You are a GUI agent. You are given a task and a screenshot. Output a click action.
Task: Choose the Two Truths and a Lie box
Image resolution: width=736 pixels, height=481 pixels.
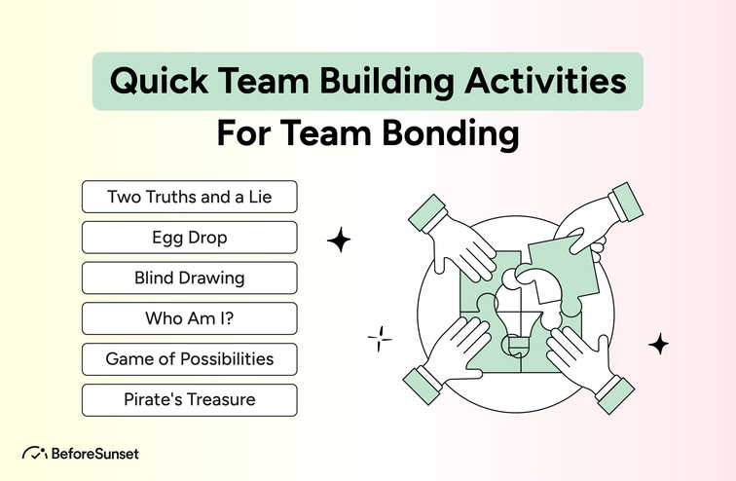(x=189, y=197)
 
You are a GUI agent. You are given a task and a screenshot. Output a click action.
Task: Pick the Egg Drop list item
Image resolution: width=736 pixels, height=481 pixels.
(x=189, y=238)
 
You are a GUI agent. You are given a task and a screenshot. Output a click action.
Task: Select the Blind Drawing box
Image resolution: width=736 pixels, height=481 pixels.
(x=189, y=277)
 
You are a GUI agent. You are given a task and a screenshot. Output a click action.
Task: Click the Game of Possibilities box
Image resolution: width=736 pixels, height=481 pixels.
(x=189, y=359)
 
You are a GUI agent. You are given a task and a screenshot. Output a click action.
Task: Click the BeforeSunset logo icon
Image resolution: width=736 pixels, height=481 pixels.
(x=34, y=453)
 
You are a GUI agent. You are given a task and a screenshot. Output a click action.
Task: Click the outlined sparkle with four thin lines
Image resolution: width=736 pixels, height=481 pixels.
(x=380, y=338)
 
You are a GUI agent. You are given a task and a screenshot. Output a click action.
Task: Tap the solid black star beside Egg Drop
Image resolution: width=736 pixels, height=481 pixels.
(x=339, y=240)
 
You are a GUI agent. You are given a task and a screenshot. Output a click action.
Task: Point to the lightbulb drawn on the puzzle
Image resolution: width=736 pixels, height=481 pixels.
(x=521, y=302)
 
